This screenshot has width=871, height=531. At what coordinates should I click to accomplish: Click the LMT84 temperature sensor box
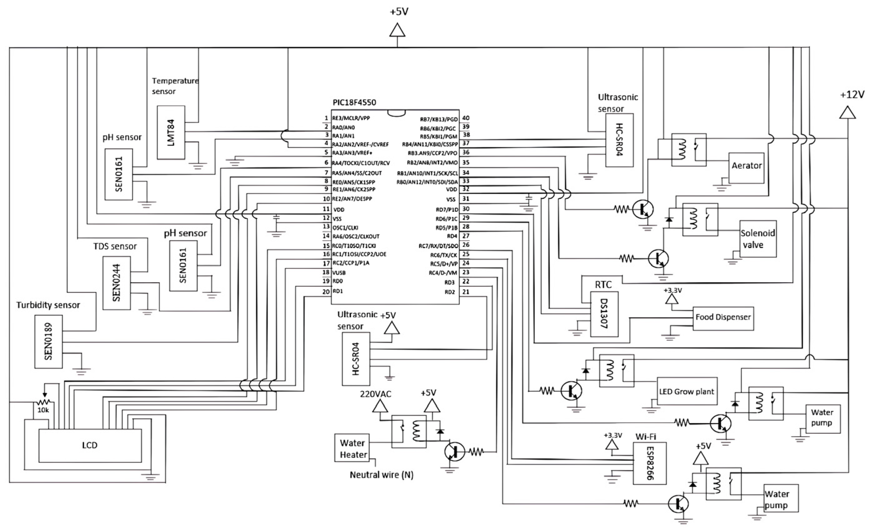click(171, 132)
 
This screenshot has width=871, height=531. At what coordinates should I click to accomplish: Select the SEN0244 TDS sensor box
click(117, 283)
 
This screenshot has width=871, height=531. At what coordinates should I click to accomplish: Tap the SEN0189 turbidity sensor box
click(48, 342)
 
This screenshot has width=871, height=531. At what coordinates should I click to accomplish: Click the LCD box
click(90, 445)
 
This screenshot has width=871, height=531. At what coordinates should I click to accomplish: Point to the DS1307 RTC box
click(604, 314)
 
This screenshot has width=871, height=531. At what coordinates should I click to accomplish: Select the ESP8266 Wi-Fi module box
click(650, 463)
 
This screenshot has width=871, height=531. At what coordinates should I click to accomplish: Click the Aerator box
click(747, 168)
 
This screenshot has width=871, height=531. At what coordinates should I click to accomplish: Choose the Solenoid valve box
click(758, 239)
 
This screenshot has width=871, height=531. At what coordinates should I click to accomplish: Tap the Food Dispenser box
click(723, 319)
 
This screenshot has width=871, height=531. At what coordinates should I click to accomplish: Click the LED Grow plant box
click(687, 391)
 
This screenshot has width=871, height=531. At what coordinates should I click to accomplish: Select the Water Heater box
click(352, 447)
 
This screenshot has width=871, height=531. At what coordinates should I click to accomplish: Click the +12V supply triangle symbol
click(848, 113)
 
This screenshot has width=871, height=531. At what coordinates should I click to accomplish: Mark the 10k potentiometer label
click(43, 410)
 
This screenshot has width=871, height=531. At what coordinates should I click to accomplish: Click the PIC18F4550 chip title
click(354, 103)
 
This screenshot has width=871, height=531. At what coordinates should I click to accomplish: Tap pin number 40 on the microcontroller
click(466, 118)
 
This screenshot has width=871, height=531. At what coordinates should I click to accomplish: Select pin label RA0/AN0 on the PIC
click(344, 127)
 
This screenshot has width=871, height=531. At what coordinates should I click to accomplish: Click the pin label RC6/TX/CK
click(444, 255)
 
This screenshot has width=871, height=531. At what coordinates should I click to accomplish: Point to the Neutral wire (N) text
click(382, 475)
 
